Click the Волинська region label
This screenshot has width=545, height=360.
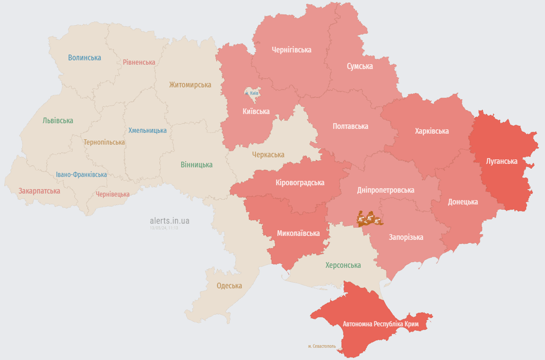(84, 58)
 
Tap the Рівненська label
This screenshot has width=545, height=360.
(139, 62)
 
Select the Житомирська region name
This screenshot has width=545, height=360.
(190, 85)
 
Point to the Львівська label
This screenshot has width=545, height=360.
(58, 120)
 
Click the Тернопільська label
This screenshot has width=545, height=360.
(104, 142)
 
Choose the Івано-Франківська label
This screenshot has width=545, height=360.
(82, 174)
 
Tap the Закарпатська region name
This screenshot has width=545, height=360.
(39, 191)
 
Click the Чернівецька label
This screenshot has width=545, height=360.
(112, 194)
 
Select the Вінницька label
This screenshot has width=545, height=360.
(196, 165)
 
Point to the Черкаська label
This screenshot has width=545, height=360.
(268, 155)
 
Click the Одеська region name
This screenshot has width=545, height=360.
(229, 285)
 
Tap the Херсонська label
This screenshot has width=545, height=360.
(343, 265)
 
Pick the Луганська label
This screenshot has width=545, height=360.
(501, 161)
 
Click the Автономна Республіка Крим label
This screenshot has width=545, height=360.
(381, 324)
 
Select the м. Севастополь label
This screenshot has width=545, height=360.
(322, 346)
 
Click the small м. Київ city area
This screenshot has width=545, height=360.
(252, 93)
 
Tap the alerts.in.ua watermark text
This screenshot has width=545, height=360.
(170, 220)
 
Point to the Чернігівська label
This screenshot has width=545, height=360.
(291, 50)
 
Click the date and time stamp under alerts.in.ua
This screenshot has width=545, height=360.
(164, 228)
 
